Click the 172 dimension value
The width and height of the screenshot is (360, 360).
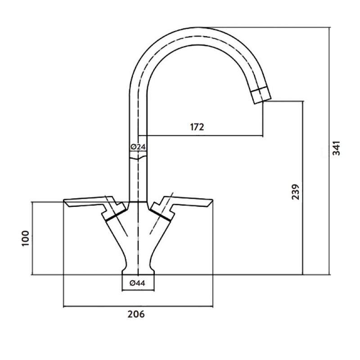[x=197, y=127]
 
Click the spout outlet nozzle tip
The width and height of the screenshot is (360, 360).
[x=261, y=95]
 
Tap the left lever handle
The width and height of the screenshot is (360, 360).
[x=85, y=201]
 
